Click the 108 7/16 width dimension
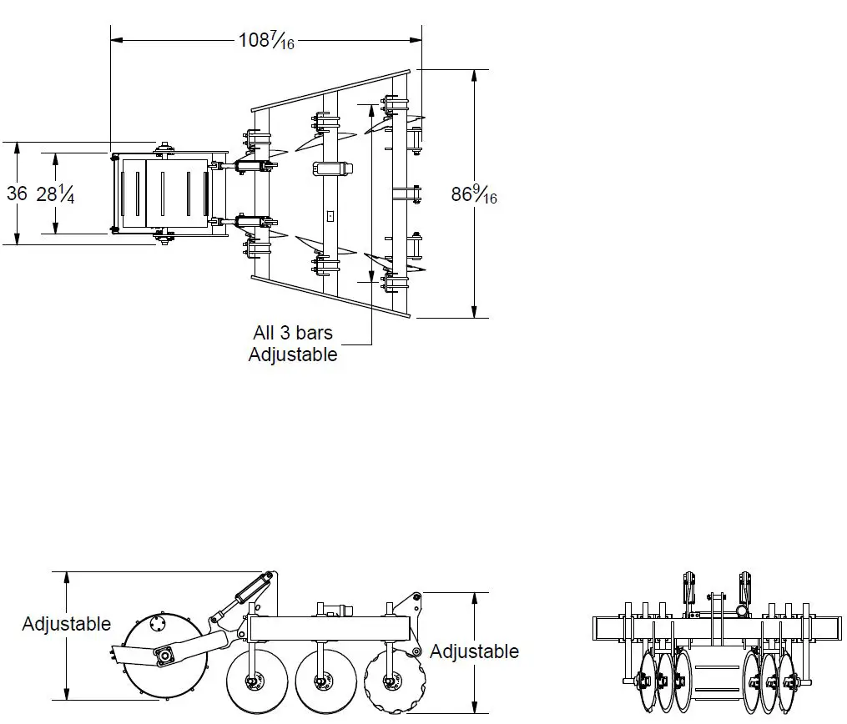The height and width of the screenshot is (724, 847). [266, 40]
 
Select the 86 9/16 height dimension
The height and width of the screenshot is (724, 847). [474, 194]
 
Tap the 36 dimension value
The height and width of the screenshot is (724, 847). [17, 194]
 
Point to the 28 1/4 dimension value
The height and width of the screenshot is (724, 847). [56, 194]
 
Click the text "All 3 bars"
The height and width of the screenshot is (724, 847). [292, 333]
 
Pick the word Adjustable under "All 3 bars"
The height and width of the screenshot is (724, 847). [293, 354]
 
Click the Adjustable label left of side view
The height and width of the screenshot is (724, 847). [67, 624]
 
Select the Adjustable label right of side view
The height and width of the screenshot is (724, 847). [474, 651]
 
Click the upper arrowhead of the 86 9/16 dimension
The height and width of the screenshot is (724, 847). [475, 75]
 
